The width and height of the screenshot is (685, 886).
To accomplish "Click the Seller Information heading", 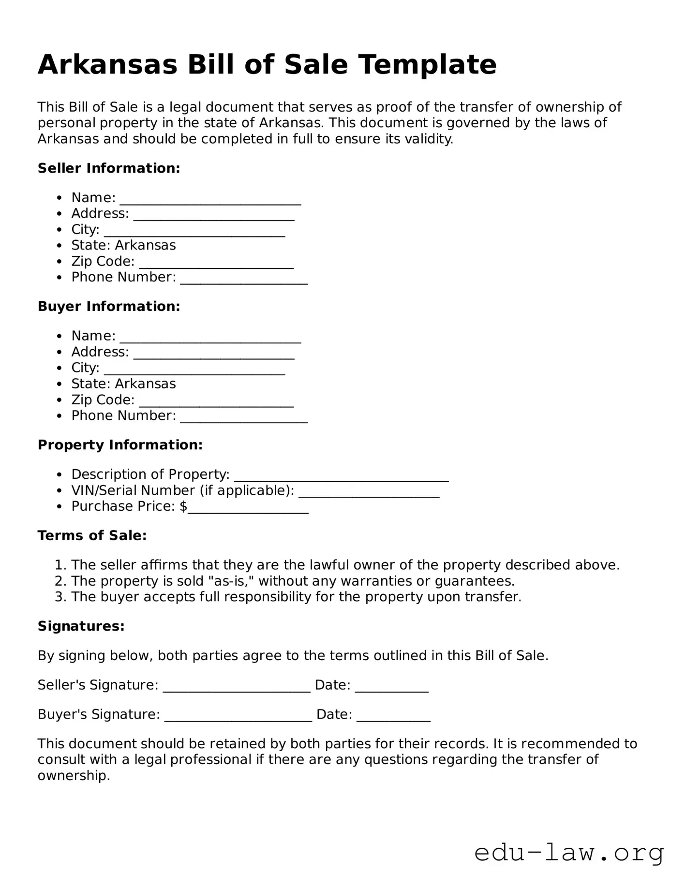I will click(109, 168).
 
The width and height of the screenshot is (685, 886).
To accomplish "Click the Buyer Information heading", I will click(109, 307).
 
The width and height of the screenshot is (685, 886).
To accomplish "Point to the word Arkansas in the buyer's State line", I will click(145, 384).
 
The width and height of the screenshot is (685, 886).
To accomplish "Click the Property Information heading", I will click(120, 445).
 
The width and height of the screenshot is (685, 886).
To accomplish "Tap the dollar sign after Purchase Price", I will click(183, 506).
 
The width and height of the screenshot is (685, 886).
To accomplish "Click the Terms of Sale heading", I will click(92, 536).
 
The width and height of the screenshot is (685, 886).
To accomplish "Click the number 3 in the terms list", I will click(59, 597).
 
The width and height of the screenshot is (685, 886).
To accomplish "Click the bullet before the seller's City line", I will click(60, 230).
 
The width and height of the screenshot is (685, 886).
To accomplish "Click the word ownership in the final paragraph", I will click(74, 776).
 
